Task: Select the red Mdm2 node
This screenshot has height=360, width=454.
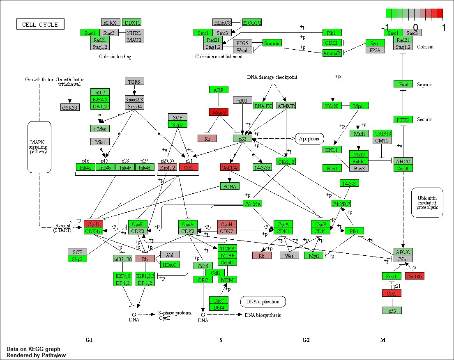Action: click(x=219, y=112)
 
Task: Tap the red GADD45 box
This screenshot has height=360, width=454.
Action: click(x=230, y=167)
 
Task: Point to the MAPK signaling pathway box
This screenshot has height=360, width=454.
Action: click(x=39, y=147)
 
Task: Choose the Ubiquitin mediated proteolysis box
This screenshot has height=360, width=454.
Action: click(x=427, y=202)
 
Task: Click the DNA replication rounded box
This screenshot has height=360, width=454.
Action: click(x=263, y=302)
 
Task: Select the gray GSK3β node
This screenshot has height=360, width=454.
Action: click(x=69, y=107)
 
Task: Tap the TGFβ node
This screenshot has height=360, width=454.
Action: click(x=134, y=82)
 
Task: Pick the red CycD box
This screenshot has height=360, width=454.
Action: click(x=93, y=224)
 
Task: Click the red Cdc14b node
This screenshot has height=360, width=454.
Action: click(x=415, y=276)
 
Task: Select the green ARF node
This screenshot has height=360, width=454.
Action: click(x=218, y=89)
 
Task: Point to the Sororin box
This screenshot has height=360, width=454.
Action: click(x=272, y=43)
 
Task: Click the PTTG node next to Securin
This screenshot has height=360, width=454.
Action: click(x=403, y=120)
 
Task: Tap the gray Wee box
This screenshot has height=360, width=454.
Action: click(x=289, y=255)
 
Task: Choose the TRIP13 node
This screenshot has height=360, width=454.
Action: click(x=383, y=134)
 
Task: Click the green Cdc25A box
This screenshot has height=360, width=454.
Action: click(x=252, y=204)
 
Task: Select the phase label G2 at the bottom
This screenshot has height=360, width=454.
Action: click(x=306, y=340)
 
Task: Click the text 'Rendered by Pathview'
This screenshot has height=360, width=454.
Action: click(x=36, y=355)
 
